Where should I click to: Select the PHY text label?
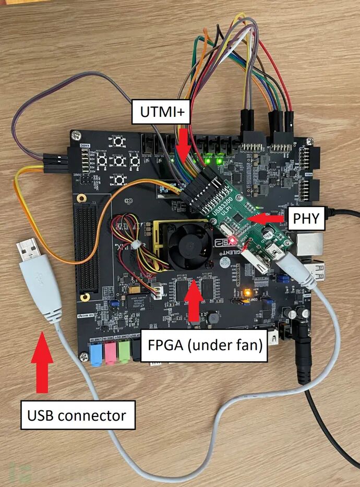click(307, 218)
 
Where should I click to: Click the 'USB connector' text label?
click(77, 415)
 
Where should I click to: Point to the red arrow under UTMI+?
click(183, 143)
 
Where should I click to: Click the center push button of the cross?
click(119, 161)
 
